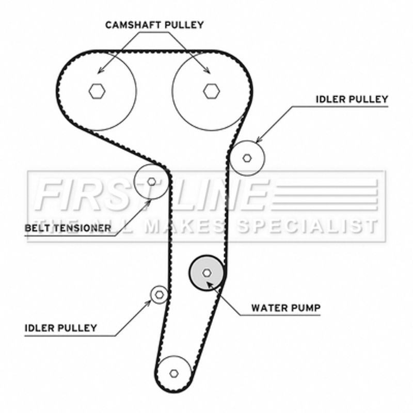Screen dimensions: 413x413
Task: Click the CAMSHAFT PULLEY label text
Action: (x=155, y=24)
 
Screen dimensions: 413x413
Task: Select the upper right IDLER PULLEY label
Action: (x=351, y=99)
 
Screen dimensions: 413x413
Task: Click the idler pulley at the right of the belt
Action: (x=247, y=157)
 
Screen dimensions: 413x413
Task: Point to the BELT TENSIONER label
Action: (x=68, y=228)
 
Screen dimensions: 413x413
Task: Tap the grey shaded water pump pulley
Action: (x=206, y=272)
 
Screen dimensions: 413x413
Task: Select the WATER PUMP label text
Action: (x=286, y=308)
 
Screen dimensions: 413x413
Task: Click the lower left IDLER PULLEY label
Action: (x=60, y=328)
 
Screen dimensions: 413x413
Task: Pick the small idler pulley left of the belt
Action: (x=159, y=295)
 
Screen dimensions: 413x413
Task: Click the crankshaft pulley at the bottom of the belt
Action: (x=173, y=373)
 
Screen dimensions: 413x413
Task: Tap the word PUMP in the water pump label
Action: (x=307, y=308)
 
